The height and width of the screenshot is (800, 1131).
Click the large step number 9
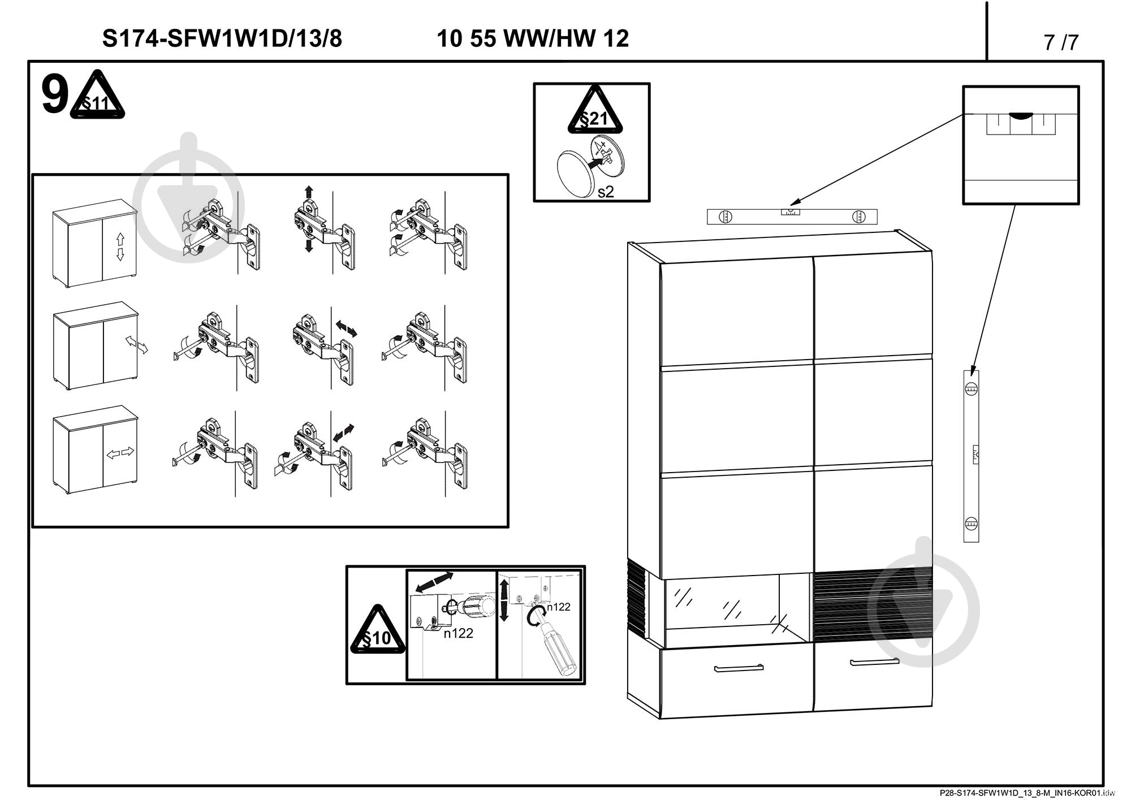point(55,96)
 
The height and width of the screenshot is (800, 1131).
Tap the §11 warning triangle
point(97,96)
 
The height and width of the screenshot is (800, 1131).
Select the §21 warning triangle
point(595,111)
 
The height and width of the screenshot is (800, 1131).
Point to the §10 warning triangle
point(378,630)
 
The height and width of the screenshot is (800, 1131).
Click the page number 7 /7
point(1061,42)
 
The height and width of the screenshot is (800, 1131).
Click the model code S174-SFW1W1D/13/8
point(222,38)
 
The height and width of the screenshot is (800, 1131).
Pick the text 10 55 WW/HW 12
point(533,38)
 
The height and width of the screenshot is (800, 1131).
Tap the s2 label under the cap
point(606,192)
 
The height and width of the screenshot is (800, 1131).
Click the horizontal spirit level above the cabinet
point(792,217)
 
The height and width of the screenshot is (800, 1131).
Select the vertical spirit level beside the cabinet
point(971,456)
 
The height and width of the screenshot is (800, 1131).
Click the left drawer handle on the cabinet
point(739,668)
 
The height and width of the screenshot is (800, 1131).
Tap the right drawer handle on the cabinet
point(875,661)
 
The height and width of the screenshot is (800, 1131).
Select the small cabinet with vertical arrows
point(95,243)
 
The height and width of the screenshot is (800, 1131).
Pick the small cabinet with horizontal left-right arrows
point(95,449)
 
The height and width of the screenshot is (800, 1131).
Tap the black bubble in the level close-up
point(1020,115)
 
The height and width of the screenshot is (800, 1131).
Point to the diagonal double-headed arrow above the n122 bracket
point(431,582)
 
